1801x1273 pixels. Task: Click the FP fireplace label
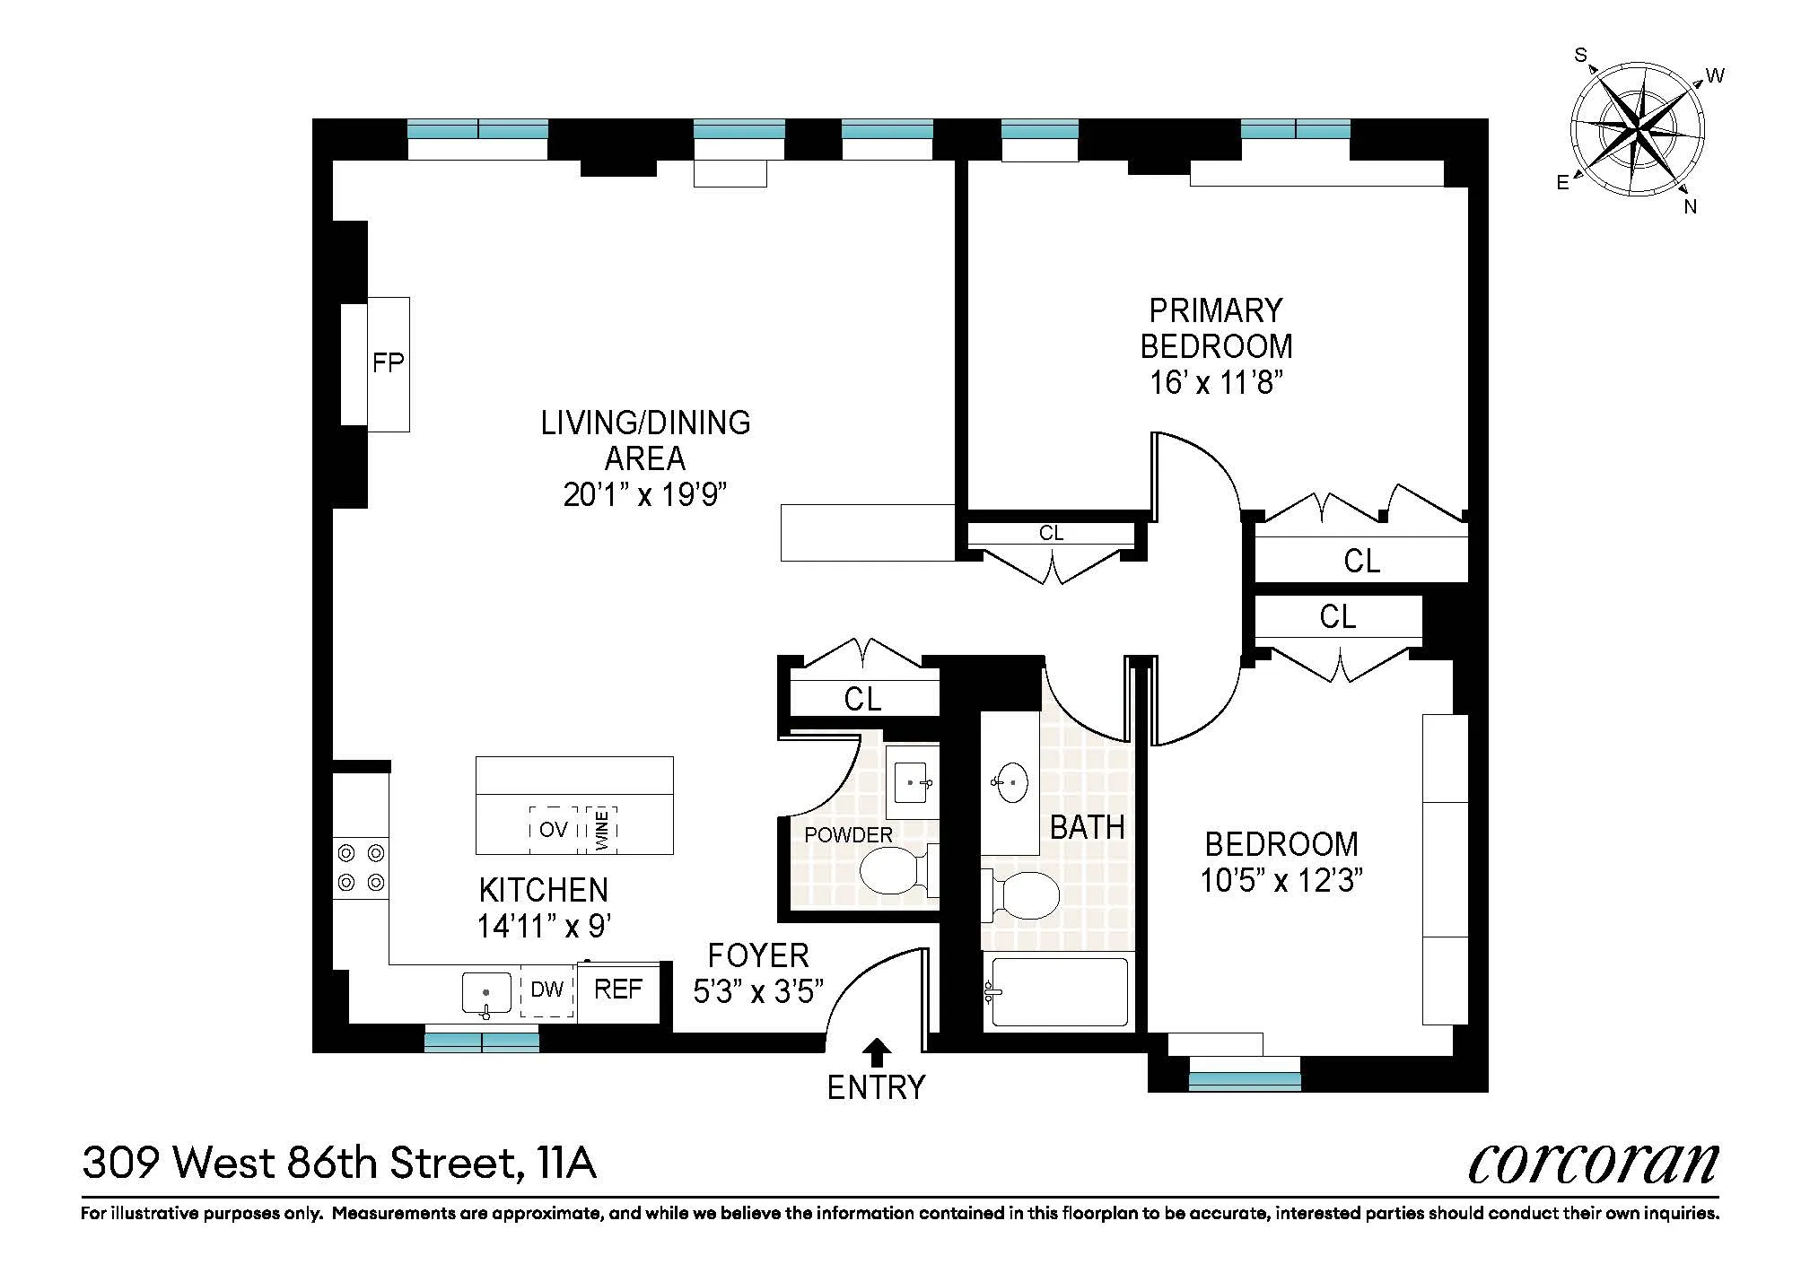coord(388,363)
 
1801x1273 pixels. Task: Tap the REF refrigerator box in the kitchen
coord(618,990)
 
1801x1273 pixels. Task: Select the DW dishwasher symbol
coord(547,990)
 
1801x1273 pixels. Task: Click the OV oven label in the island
coord(553,830)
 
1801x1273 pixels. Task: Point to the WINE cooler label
coord(602,830)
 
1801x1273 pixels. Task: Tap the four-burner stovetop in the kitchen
coord(361,868)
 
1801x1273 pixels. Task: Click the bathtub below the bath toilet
coord(1056,992)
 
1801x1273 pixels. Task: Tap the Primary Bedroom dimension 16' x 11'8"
coord(1216,383)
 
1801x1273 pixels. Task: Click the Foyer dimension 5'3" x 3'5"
coord(758,991)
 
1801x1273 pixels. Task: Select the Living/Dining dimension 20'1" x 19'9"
coord(644,494)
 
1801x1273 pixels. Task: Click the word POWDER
coord(848,835)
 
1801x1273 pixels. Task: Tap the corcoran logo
coord(1593,1164)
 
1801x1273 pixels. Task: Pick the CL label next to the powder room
coord(862,699)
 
